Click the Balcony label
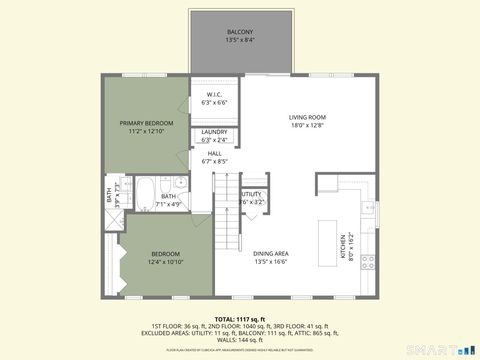pos(240,32)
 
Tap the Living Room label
pos(307,117)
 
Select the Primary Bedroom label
pos(145,122)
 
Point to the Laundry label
pos(215,132)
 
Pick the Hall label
pos(215,153)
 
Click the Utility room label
pos(252,194)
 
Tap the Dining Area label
pos(270,254)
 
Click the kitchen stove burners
pos(367,262)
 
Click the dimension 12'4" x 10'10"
pos(165,262)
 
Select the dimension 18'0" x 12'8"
pos(307,126)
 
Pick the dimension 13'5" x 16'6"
pos(270,262)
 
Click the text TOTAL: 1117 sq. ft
pos(240,317)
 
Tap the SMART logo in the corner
pos(444,350)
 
